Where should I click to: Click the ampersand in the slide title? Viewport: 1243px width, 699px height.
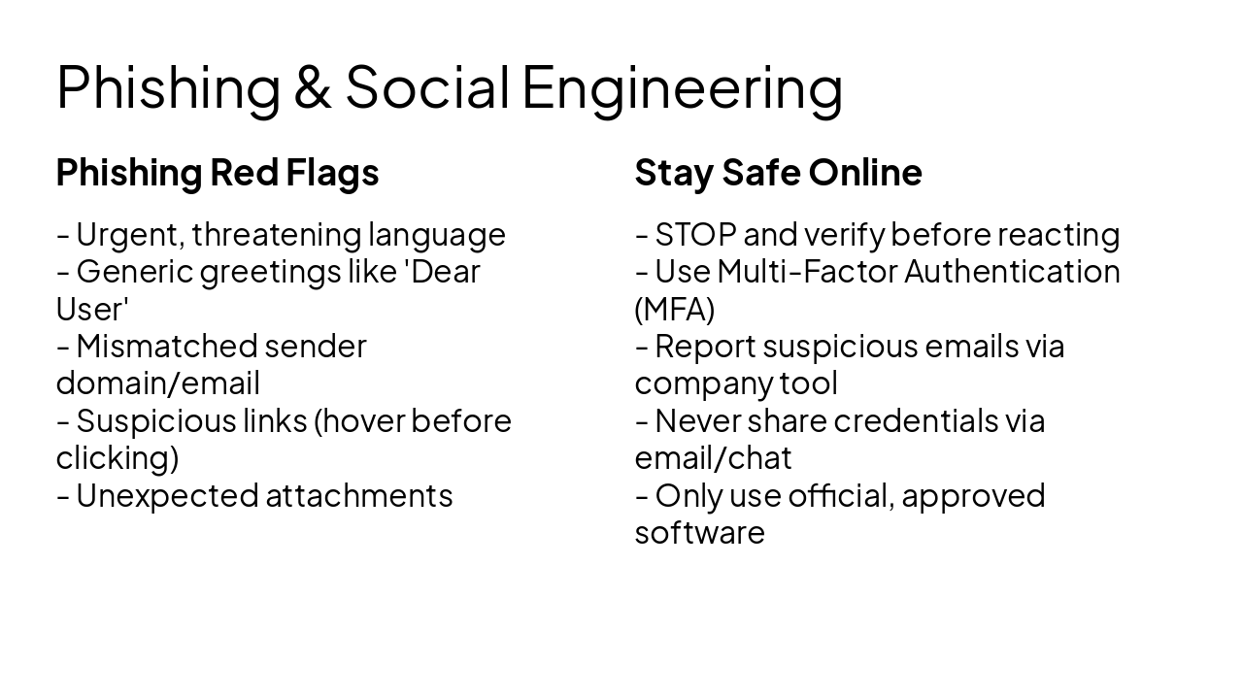coord(312,86)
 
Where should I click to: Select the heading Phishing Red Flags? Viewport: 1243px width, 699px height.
coord(218,173)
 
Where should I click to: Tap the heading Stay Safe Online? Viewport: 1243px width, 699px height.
coord(778,173)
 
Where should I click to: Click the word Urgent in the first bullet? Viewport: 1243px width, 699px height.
coord(130,235)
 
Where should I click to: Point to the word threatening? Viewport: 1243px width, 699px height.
coord(277,235)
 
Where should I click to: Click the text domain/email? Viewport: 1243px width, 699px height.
coord(157,383)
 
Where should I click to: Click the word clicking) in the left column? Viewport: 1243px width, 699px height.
coord(118,457)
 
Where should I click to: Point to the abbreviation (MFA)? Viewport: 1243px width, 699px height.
coord(675,309)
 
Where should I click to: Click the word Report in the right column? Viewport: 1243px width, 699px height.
coord(704,346)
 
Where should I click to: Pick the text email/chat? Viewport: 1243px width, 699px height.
coord(713,457)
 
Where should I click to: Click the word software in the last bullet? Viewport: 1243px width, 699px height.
coord(699,533)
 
